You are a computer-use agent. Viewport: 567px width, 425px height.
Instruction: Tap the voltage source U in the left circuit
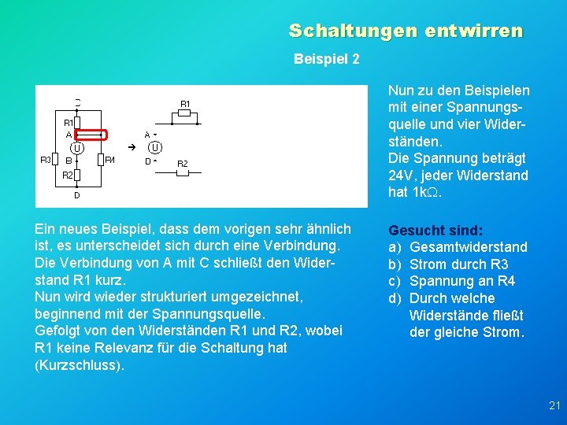(x=77, y=147)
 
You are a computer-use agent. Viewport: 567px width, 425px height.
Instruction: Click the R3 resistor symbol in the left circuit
(x=55, y=160)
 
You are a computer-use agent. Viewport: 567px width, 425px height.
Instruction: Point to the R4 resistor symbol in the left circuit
(x=99, y=160)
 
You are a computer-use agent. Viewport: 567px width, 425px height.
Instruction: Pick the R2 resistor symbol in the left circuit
(x=77, y=174)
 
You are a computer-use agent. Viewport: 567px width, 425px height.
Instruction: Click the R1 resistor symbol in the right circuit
(x=184, y=113)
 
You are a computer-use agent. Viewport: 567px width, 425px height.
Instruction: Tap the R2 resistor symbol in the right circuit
(x=182, y=172)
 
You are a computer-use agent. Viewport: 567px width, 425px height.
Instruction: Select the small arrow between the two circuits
(x=132, y=147)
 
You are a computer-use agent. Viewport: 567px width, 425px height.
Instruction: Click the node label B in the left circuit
(x=69, y=160)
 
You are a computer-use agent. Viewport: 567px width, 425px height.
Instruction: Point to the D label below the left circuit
(x=76, y=194)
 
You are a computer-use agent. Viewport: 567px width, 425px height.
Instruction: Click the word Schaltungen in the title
(x=345, y=31)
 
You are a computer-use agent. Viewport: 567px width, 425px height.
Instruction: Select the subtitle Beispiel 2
(x=326, y=59)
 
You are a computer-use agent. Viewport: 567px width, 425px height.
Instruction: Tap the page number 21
(x=554, y=406)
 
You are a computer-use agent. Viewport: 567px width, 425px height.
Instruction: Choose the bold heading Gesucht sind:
(x=435, y=231)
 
